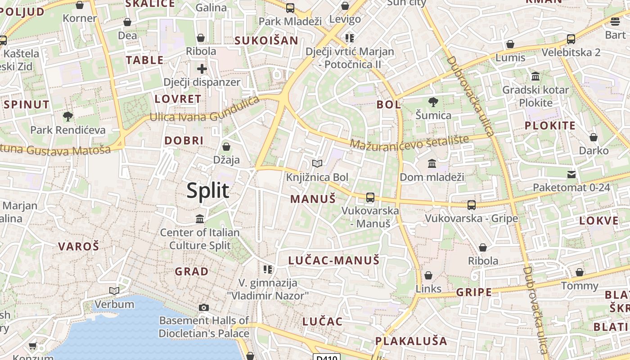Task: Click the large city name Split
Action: coord(208,191)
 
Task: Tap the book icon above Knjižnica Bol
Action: coord(317,163)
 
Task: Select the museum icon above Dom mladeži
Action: coord(432,163)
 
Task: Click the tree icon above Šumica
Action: coord(433,102)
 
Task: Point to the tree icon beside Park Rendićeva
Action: coord(68,117)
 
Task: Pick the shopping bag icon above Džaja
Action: coord(226,146)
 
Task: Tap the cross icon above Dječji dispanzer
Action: coord(202,69)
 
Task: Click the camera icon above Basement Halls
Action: coord(204,307)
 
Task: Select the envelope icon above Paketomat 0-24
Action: coord(571,174)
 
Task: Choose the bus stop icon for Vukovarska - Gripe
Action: coord(472,205)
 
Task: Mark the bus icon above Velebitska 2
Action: coord(571,39)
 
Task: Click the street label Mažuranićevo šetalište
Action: coord(409,143)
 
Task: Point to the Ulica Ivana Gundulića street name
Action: coord(205,111)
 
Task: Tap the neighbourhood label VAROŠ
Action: coord(78,246)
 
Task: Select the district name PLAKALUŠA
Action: coord(411,341)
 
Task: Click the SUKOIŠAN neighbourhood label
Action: coord(266,40)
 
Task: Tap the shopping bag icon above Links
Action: coord(428,275)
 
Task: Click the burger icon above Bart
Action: coord(615,21)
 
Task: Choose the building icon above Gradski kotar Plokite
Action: coord(535,76)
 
